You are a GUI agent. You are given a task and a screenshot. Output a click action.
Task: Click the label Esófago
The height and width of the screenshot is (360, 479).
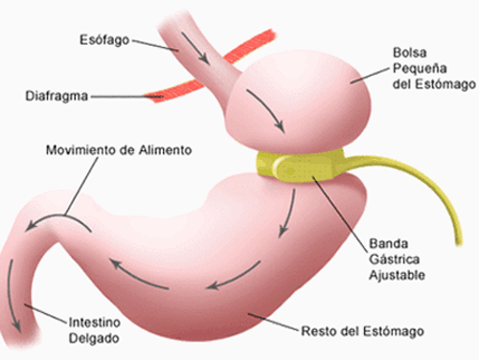pyautogui.click(x=104, y=40)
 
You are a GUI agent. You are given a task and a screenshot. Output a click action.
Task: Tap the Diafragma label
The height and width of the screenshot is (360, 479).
pyautogui.click(x=57, y=96)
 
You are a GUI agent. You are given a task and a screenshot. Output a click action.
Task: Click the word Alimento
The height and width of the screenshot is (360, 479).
pyautogui.click(x=165, y=150)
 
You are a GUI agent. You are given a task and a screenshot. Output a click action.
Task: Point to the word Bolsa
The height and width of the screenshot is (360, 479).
pyautogui.click(x=410, y=53)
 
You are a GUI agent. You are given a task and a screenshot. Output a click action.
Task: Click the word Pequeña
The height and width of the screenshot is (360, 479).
pyautogui.click(x=420, y=69)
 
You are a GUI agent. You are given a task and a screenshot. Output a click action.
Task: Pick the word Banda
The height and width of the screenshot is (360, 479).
pyautogui.click(x=389, y=244)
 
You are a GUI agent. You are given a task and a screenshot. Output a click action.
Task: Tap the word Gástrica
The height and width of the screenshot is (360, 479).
pyautogui.click(x=395, y=259)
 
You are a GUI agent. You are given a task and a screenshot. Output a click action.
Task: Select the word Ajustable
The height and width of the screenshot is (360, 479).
pyautogui.click(x=397, y=275)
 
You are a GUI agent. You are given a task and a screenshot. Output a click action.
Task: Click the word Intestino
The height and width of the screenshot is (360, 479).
pyautogui.click(x=95, y=323)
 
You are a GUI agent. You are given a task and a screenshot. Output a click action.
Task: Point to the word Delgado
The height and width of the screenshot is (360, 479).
pyautogui.click(x=94, y=339)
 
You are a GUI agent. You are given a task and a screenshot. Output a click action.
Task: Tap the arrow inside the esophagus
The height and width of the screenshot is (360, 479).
pyautogui.click(x=195, y=48)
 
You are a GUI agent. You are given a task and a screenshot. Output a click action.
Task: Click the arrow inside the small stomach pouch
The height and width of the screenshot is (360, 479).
pyautogui.click(x=265, y=110)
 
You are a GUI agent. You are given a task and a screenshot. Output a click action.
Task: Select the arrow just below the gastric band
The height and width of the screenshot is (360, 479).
pyautogui.click(x=287, y=213)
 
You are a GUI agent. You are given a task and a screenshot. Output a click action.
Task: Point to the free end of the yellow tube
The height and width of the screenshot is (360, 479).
pyautogui.click(x=459, y=244)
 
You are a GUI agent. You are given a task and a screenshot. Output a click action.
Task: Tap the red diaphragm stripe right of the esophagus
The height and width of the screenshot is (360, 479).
pyautogui.click(x=249, y=48)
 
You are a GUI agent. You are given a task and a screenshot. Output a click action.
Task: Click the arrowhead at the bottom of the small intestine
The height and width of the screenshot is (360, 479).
pyautogui.click(x=16, y=326)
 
